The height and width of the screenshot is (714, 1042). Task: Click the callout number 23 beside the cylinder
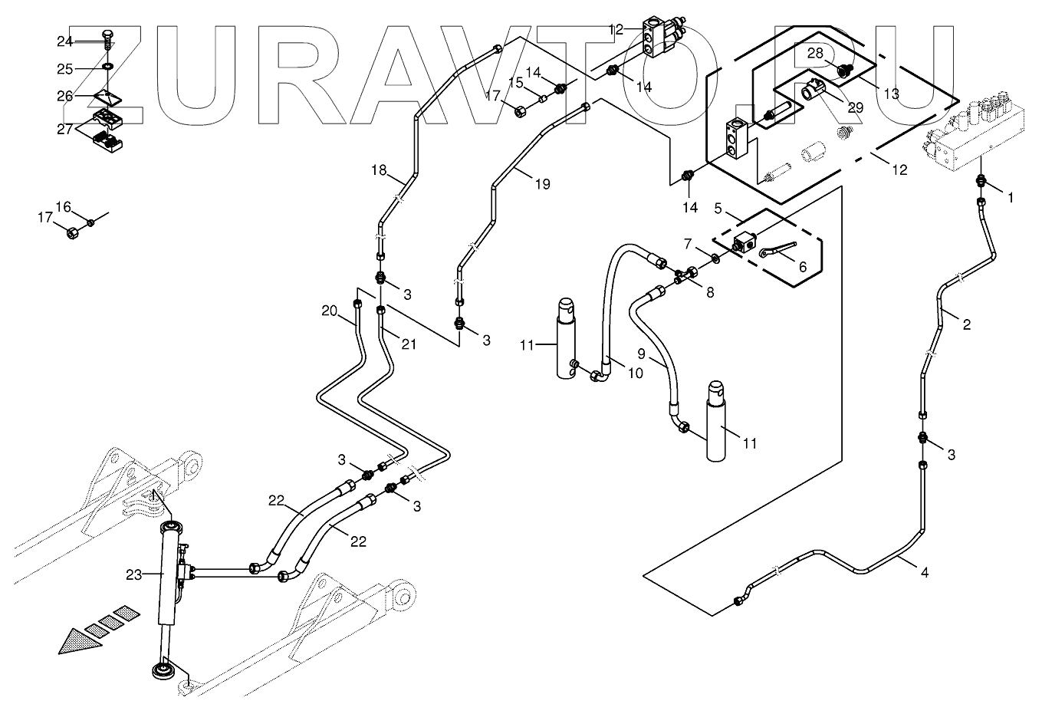click(134, 574)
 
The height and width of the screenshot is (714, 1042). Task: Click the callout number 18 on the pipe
click(379, 170)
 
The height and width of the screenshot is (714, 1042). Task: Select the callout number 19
click(542, 184)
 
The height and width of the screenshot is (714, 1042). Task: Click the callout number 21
click(409, 344)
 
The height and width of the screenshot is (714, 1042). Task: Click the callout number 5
click(718, 208)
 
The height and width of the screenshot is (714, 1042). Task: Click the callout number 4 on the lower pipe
click(924, 572)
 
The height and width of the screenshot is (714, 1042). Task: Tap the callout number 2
click(966, 324)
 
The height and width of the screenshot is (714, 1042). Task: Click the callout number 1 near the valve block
click(1010, 197)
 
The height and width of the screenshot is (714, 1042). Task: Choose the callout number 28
click(814, 54)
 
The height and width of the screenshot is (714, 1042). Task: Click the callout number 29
click(855, 108)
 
